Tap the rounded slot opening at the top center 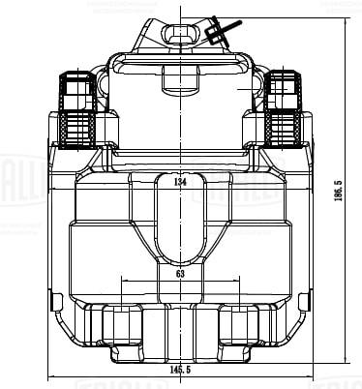[180, 36]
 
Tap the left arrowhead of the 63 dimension [122, 282]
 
